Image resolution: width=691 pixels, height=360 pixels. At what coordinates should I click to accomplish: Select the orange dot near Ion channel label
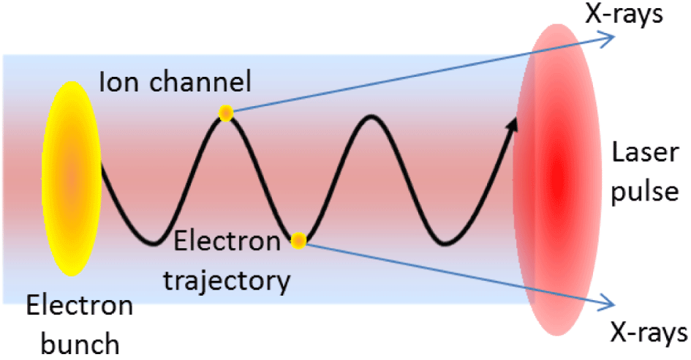225,113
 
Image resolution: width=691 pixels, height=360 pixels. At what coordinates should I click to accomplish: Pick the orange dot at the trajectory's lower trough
298,241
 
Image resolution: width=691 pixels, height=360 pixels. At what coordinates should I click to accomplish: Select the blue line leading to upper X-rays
417,76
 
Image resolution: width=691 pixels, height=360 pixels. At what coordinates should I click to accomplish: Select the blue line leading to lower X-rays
453,271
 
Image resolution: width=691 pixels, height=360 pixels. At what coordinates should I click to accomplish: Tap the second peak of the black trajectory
372,116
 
